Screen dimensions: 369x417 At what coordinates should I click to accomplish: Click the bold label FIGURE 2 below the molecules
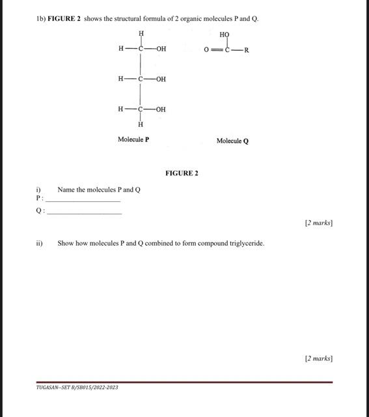pos(182,173)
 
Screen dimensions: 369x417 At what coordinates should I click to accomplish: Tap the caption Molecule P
pos(133,139)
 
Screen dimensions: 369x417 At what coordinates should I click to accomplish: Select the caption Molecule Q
pos(232,141)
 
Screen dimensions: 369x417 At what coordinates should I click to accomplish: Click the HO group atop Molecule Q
pos(225,35)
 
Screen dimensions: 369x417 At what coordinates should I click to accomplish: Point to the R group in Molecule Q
pos(247,50)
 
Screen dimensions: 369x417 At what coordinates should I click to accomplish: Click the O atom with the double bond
pos(206,50)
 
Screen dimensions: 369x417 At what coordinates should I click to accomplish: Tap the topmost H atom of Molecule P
pos(141,33)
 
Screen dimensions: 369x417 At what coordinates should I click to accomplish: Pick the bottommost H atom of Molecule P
pos(141,124)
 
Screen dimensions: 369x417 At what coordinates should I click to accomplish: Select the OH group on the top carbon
pos(161,48)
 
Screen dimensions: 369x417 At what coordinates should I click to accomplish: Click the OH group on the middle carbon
pos(161,79)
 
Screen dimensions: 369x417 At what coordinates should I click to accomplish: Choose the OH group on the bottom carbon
pos(161,109)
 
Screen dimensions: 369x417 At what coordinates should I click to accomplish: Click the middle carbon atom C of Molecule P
pos(141,79)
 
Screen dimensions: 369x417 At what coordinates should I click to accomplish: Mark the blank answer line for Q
pos(85,213)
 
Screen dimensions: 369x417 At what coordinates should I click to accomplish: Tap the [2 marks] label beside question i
pos(318,223)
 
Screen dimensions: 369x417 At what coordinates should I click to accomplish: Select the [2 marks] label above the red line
pos(318,358)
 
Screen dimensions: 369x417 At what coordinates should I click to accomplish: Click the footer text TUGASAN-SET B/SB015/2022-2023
pos(77,388)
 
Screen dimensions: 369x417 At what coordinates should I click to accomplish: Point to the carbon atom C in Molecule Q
pos(227,50)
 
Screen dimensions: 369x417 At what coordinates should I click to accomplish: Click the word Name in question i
pos(66,190)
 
